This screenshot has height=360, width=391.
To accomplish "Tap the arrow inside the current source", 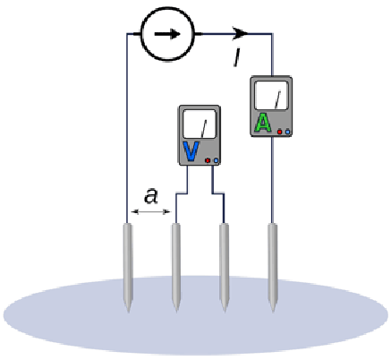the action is [x=167, y=34].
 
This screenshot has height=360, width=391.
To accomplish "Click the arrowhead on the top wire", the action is [x=241, y=33].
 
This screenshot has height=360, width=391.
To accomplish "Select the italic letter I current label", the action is [x=237, y=57].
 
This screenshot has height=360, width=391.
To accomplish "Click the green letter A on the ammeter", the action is [x=263, y=123].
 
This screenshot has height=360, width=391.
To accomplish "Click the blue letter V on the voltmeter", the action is [x=191, y=151].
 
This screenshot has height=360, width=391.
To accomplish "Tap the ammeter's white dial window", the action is [x=271, y=95].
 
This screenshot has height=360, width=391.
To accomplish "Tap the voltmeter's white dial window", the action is [x=200, y=124].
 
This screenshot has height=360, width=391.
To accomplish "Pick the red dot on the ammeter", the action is [x=280, y=132].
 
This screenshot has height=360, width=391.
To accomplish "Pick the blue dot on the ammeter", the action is [x=287, y=132].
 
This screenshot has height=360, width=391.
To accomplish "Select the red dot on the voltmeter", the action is [x=208, y=160].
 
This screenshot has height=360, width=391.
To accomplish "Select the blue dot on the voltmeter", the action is [x=216, y=160].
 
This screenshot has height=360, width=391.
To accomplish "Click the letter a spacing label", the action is [x=151, y=196].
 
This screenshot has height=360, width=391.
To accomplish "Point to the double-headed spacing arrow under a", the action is [x=150, y=211].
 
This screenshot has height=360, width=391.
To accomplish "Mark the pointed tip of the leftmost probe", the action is [x=128, y=313].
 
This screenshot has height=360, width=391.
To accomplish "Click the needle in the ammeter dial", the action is [x=277, y=99].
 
